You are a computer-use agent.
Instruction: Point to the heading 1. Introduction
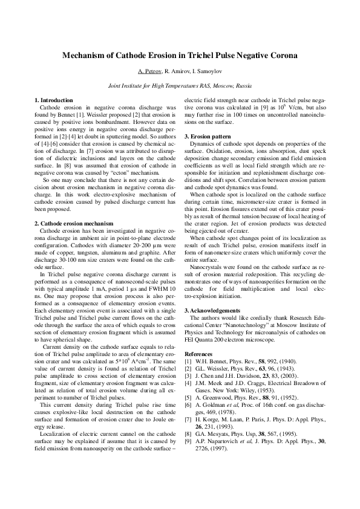coord(53,99)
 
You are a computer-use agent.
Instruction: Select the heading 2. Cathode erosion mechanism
coord(73,223)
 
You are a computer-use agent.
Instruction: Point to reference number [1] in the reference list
coord(188,360)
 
